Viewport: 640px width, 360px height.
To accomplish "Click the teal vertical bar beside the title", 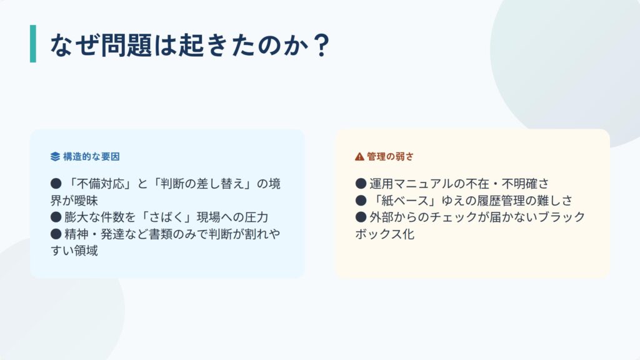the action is point(33,44).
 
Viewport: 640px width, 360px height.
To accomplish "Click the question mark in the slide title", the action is point(322,45).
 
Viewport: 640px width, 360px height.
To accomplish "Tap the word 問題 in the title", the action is point(126,45).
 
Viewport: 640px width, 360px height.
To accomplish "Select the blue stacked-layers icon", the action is point(55,157).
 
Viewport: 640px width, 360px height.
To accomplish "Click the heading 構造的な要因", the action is point(91,157).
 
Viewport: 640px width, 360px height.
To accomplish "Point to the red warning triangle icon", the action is point(359,157).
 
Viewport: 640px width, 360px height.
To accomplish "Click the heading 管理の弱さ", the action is point(390,157).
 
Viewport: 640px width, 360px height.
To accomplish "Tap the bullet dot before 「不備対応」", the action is point(56,184).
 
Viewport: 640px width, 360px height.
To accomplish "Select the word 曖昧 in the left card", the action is point(86,201).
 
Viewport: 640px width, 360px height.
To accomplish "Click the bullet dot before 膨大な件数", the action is point(56,217).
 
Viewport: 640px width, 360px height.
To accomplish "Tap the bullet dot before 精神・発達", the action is point(56,234).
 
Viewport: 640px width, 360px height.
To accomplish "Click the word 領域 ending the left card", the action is point(86,251).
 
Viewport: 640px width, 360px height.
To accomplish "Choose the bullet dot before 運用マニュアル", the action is point(361,184).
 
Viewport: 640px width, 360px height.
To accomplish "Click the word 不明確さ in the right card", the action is point(526,184).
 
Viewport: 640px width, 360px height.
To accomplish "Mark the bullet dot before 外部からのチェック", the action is point(361,217).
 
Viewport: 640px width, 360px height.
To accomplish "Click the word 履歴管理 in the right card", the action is point(502,201).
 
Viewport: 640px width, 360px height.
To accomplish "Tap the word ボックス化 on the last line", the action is point(384,234).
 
